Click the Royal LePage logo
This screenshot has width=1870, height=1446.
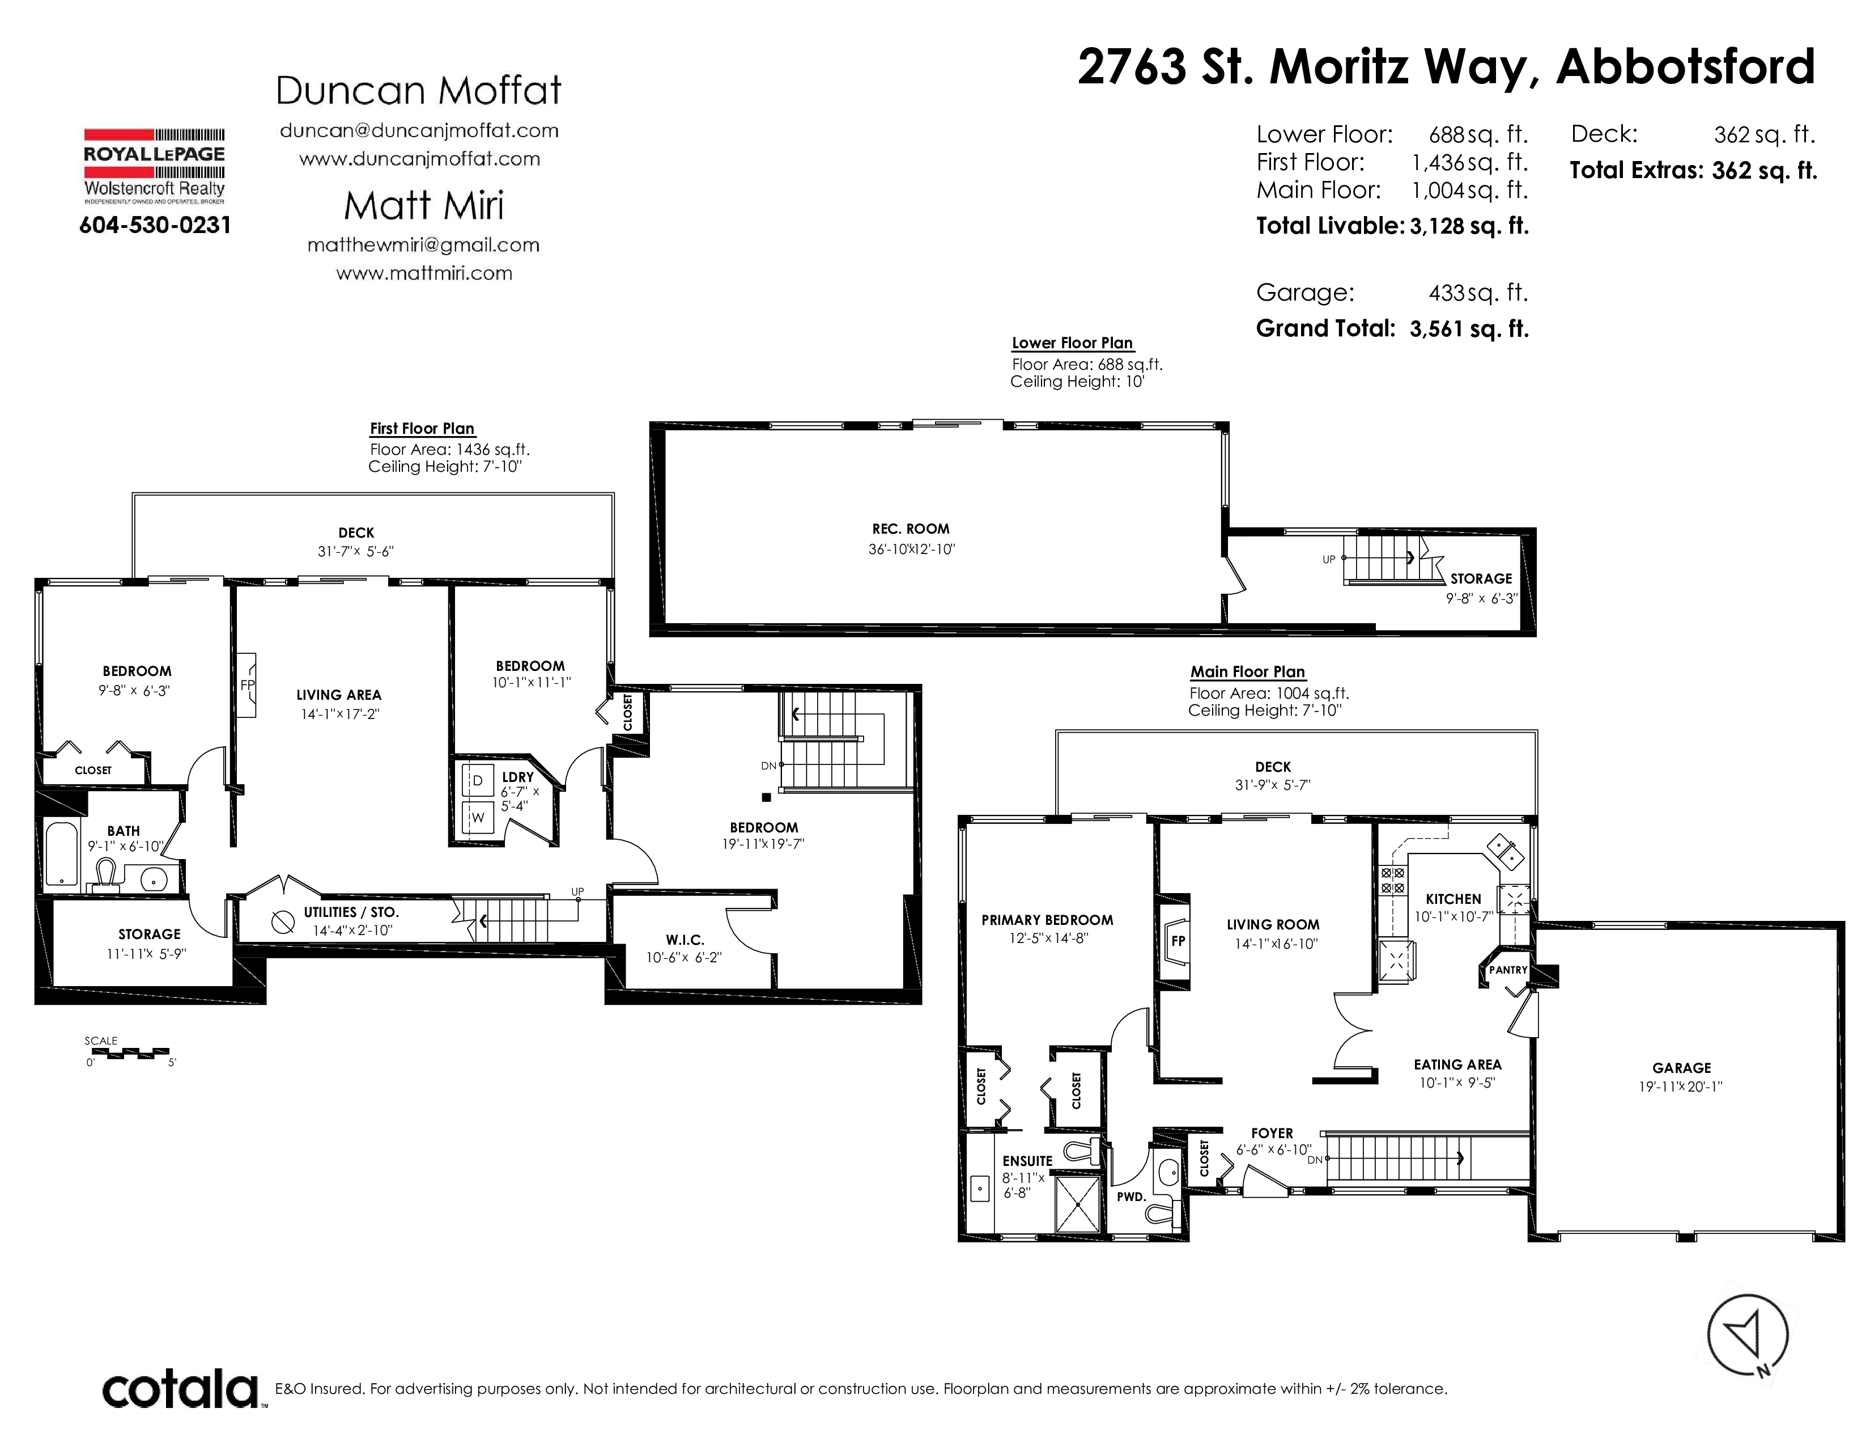154,166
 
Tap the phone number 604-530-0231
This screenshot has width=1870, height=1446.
155,225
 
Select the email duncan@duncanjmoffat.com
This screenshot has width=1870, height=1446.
419,130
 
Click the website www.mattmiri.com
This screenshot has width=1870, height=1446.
424,273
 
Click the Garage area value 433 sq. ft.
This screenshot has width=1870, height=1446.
1478,293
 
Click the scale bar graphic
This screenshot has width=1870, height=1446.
129,1052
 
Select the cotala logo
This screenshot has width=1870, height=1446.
181,1389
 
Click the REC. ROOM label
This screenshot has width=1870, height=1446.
911,530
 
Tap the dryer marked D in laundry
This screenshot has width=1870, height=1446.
478,780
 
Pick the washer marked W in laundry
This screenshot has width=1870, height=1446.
478,817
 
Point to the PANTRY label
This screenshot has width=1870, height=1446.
1508,970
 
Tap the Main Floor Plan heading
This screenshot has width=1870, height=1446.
1248,673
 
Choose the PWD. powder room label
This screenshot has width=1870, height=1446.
1131,1196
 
